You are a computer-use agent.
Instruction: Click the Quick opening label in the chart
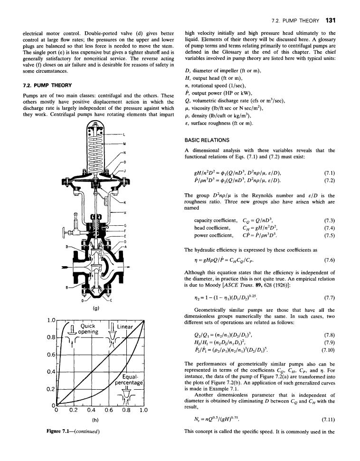88,329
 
